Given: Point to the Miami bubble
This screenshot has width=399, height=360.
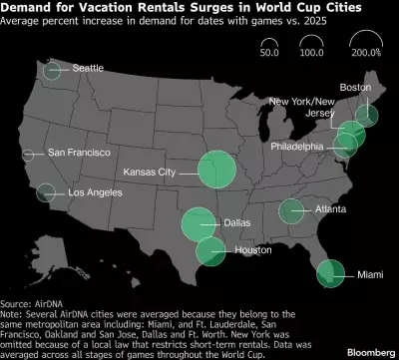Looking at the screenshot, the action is [326, 270].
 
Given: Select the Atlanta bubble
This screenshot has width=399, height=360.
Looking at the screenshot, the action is [291, 210].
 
